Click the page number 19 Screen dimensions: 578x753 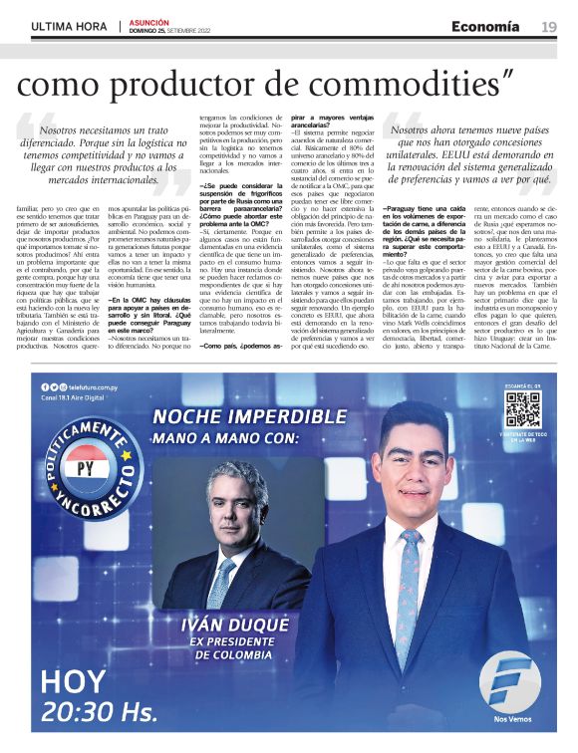point(549,27)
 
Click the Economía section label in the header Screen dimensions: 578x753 point(486,26)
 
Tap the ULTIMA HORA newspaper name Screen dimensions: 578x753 point(69,26)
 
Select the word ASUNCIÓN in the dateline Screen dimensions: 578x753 point(148,21)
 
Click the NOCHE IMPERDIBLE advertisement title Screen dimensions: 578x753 point(263,415)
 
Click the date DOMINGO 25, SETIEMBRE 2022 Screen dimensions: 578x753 point(176,30)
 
